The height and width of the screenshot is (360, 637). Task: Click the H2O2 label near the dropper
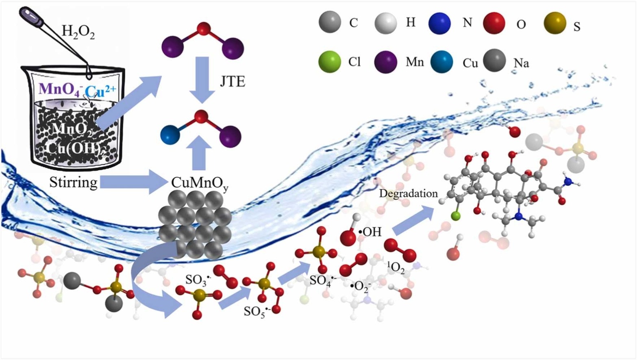(x=78, y=31)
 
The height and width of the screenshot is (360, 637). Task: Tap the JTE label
(x=232, y=82)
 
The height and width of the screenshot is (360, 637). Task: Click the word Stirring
(x=73, y=182)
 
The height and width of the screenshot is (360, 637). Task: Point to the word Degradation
(x=408, y=193)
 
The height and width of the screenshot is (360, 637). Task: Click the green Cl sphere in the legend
(x=330, y=62)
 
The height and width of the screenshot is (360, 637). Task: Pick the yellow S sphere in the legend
(x=555, y=23)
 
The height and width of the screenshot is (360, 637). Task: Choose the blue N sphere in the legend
(x=439, y=23)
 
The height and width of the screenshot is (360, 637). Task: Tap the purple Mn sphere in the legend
(x=385, y=62)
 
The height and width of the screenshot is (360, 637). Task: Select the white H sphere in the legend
(x=385, y=23)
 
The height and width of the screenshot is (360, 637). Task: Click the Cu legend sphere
(x=441, y=62)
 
